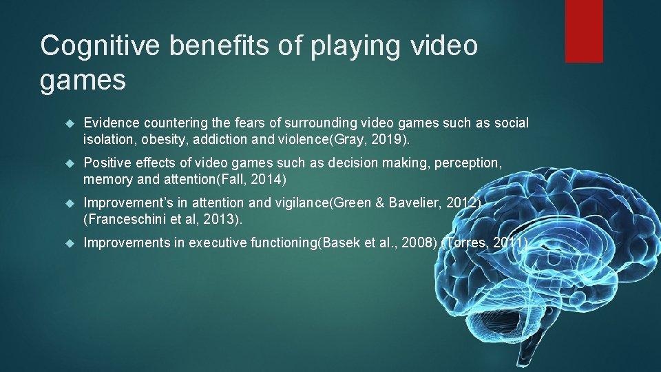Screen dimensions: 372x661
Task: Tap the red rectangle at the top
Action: tap(584, 31)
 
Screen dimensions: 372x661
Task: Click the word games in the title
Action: tap(83, 81)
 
